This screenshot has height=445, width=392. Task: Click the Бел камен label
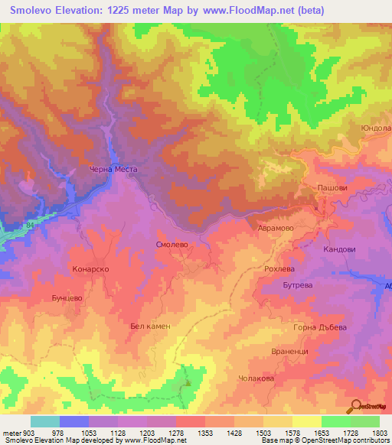[149, 326]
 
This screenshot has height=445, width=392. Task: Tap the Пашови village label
[333, 187]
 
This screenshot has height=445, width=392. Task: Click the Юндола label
[376, 128]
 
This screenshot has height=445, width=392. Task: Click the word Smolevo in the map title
[36, 11]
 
